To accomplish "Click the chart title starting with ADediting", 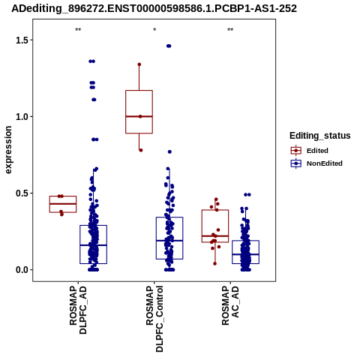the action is pos(154,8).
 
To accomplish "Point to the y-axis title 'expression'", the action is pos(8,150).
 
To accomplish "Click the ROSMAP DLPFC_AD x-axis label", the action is pos(78,310).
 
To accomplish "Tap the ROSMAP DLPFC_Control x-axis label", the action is pos(154,319).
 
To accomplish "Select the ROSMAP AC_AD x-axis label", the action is pos(230,305).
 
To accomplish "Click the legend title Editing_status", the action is pos(320,136).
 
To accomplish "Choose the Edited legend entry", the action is pos(310,151).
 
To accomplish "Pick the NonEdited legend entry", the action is pos(316,163).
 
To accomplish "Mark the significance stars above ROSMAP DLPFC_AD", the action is pos(78,30).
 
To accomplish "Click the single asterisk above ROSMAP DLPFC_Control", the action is pos(154,30).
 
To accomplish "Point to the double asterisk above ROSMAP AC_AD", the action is pos(230,30).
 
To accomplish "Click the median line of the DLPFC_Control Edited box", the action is pos(139,116).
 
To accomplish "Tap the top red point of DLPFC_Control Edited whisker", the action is pos(139,64).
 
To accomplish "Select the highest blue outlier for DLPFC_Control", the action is pos(169,46).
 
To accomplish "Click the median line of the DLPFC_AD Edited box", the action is pos(63,204).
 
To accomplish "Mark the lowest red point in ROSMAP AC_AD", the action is pos(214,263).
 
